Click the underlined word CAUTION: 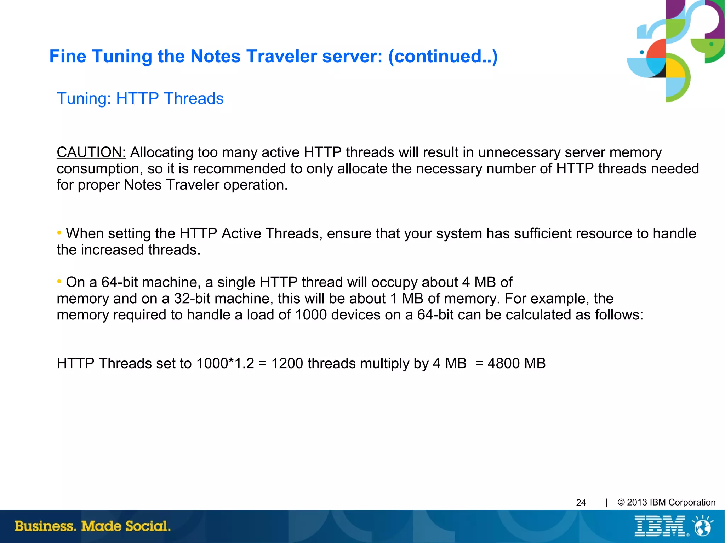tap(91, 152)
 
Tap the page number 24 tap(581, 503)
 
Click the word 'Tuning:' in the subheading tap(84, 99)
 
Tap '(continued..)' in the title tap(443, 56)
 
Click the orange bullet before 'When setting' tap(59, 233)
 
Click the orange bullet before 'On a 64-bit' tap(59, 282)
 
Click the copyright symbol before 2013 tap(621, 502)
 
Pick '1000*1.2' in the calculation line tap(225, 364)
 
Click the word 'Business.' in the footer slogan tap(45, 526)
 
